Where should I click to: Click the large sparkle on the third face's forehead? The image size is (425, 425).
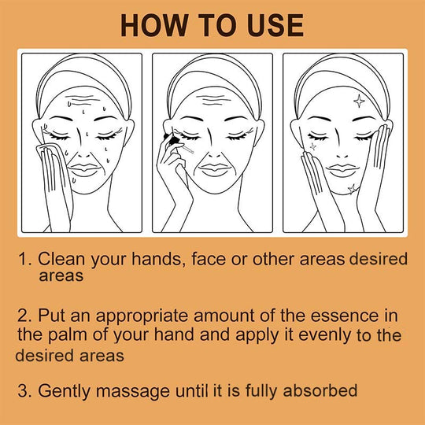[359, 101]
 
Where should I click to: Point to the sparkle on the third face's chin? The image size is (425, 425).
[352, 189]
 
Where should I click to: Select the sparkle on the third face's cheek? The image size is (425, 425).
[313, 146]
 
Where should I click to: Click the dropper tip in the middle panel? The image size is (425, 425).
[189, 150]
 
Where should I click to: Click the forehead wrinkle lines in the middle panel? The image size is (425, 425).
[214, 100]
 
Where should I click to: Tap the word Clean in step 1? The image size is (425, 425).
[61, 259]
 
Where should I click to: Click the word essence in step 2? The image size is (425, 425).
[345, 316]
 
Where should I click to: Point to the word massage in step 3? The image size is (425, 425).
[133, 391]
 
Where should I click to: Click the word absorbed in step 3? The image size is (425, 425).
[320, 390]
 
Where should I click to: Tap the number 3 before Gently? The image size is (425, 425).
[23, 391]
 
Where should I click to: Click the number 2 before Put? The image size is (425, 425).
[23, 316]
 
